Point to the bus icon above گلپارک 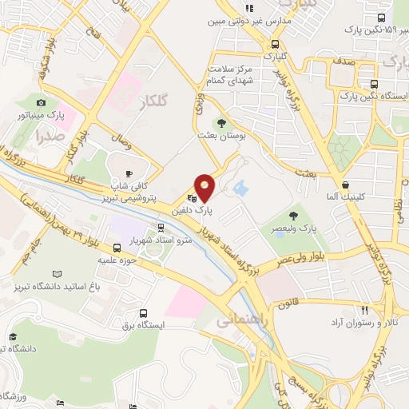276,45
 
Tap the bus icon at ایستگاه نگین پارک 374,84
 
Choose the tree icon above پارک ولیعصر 295,214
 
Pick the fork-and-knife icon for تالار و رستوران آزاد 364,310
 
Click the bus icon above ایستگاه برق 143,314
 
